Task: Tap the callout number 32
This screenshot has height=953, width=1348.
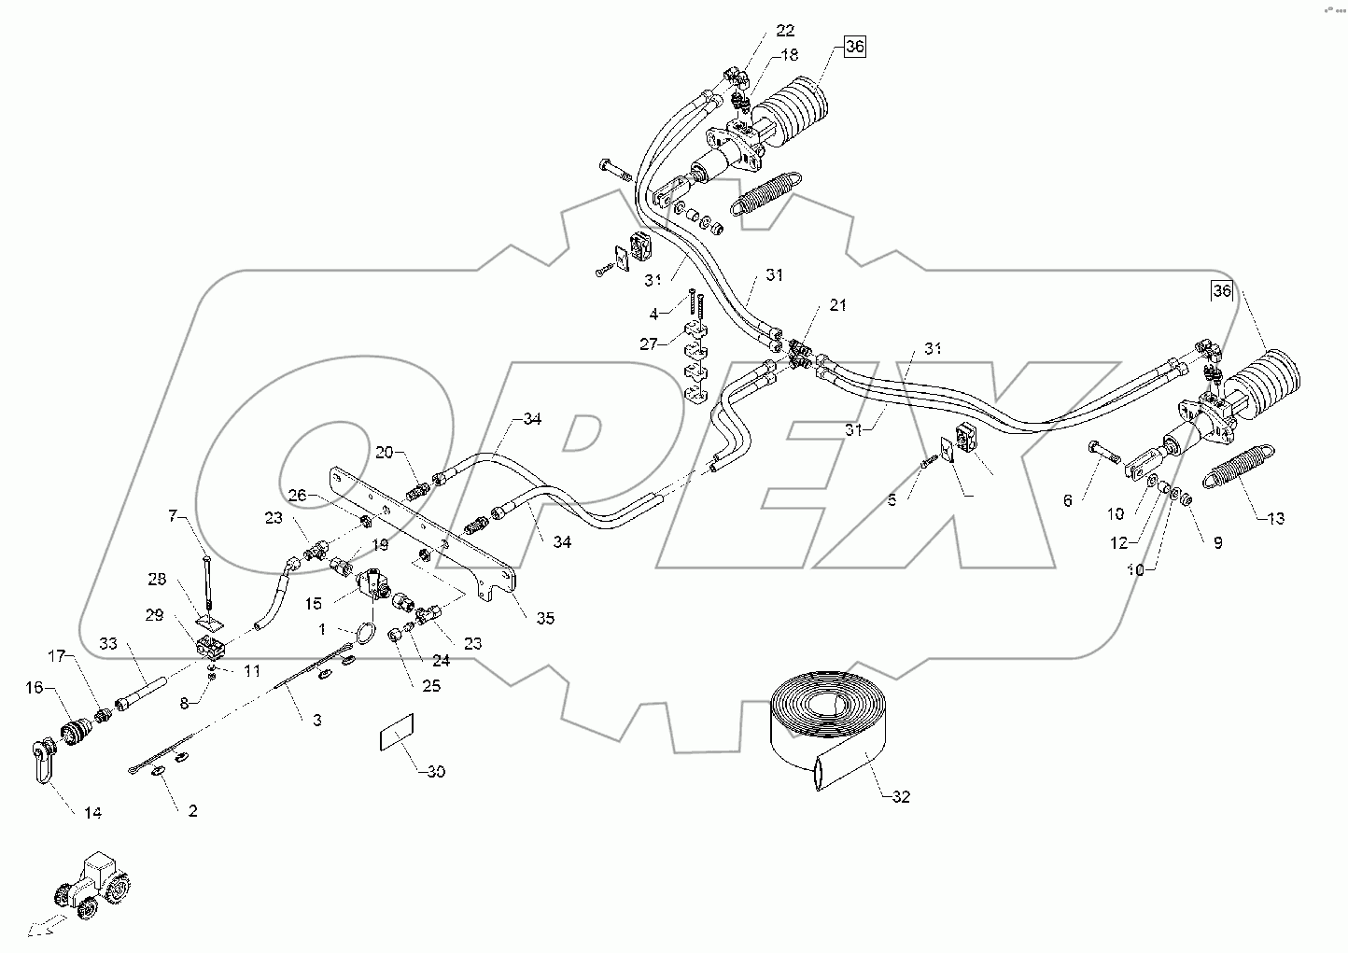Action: pos(899,796)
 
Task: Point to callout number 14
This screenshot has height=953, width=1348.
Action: pos(91,813)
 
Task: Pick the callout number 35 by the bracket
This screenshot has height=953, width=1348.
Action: pos(544,618)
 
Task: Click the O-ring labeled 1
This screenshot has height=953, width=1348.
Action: pos(365,634)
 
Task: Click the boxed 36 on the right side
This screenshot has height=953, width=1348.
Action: pos(1222,291)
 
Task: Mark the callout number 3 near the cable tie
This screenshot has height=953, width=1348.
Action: pos(316,720)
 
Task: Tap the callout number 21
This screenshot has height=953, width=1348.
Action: pos(837,305)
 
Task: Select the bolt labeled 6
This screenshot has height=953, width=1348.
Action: pos(1105,455)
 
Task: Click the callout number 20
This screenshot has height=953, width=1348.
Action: pos(385,453)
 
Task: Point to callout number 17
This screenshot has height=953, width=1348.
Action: pos(59,656)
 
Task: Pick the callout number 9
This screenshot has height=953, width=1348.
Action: pos(1217,542)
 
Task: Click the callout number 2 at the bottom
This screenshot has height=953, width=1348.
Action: pos(192,810)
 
